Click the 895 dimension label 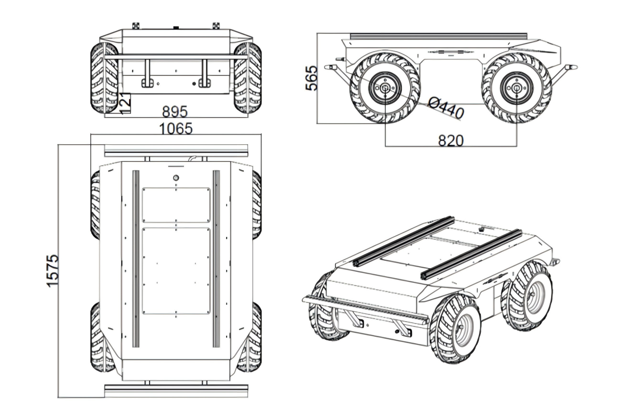174,112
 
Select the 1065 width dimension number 176,129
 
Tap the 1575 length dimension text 53,270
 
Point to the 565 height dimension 311,77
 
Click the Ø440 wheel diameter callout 445,108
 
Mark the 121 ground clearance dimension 125,103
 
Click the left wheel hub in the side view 384,88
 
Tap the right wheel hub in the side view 516,88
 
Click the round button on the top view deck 176,178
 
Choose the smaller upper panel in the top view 176,205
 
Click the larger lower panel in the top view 176,270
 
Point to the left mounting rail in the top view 136,258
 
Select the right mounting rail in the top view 216,258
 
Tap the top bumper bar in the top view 176,151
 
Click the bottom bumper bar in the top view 176,391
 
